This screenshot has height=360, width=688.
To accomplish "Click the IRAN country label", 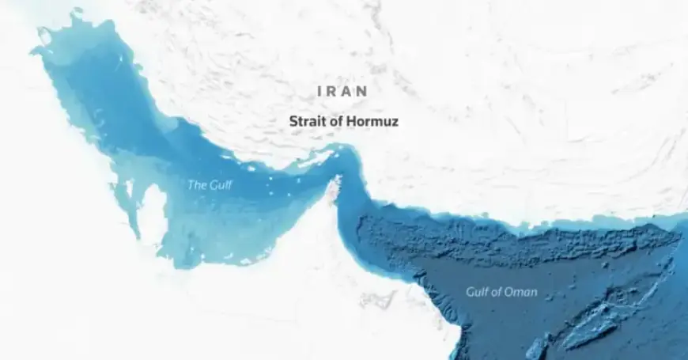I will pyautogui.click(x=342, y=91).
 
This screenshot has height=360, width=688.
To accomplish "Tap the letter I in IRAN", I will pyautogui.click(x=319, y=91).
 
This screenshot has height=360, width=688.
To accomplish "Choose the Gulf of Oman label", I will pyautogui.click(x=501, y=292).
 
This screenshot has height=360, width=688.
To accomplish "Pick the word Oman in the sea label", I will pyautogui.click(x=524, y=292).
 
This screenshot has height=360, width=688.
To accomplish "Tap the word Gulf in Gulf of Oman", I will pyautogui.click(x=478, y=292).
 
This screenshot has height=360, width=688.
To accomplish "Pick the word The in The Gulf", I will pyautogui.click(x=195, y=186).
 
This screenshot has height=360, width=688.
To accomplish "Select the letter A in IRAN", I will pyautogui.click(x=347, y=91).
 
